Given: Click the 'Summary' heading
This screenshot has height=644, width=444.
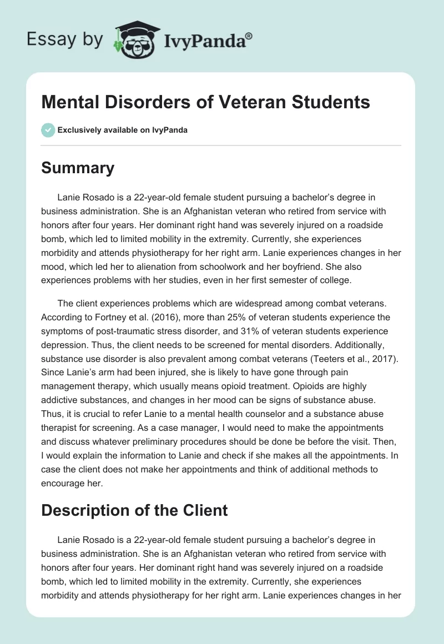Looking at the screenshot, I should [78, 168].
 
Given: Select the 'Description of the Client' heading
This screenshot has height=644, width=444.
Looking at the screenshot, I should [134, 510].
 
